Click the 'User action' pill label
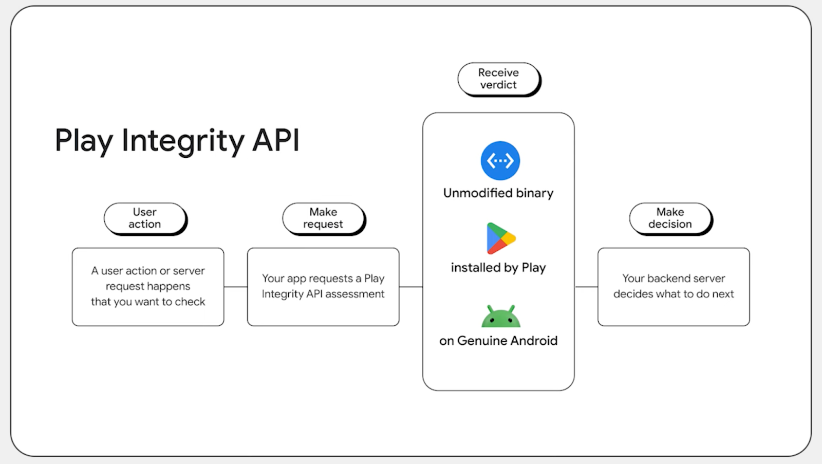(x=145, y=218)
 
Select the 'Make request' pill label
(x=323, y=218)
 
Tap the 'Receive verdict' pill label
(x=498, y=79)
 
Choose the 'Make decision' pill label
(x=670, y=218)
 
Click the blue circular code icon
(x=500, y=161)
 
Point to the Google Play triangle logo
(x=500, y=238)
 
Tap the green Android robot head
(x=500, y=317)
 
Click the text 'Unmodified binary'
(x=498, y=193)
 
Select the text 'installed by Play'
(x=498, y=268)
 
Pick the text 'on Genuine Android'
(x=498, y=341)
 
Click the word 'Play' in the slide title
(x=84, y=141)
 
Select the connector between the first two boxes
(x=236, y=287)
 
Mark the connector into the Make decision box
(x=586, y=287)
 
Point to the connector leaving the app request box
(x=411, y=287)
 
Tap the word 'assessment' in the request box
(x=354, y=294)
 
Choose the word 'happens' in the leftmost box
(x=169, y=286)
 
